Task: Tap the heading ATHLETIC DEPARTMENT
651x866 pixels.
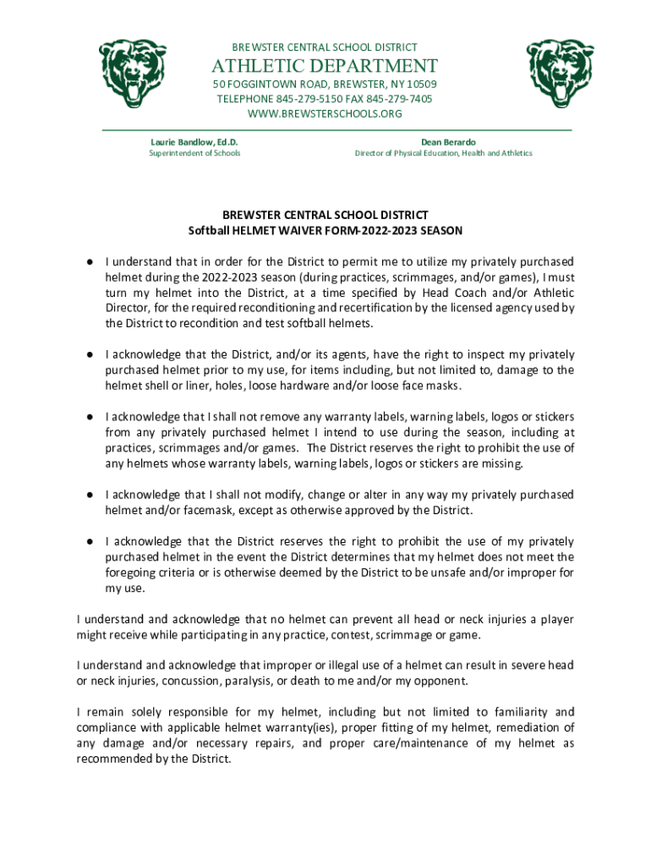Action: (325, 66)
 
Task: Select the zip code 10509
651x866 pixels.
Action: (420, 85)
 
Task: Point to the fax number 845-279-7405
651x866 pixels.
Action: (398, 99)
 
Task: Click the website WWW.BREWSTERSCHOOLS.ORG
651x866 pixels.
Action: (325, 113)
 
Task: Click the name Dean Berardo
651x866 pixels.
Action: (443, 141)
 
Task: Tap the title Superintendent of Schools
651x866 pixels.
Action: (194, 153)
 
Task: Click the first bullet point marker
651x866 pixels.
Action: (88, 260)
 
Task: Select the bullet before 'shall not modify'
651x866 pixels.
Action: (88, 494)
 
